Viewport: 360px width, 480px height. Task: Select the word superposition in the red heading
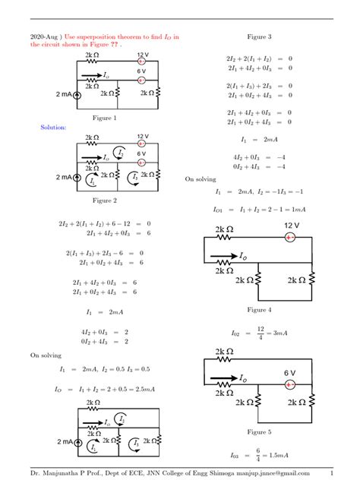(107, 36)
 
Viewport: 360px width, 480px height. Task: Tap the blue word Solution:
(53, 128)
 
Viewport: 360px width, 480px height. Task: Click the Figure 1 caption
(104, 118)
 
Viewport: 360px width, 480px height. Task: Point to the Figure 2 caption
(104, 201)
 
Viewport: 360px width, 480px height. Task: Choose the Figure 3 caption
(259, 36)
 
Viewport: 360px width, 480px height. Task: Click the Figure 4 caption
(259, 310)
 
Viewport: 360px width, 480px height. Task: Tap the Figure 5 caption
(259, 431)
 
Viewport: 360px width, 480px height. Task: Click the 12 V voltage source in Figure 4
(289, 238)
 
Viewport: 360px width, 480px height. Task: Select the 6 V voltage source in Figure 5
(289, 384)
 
